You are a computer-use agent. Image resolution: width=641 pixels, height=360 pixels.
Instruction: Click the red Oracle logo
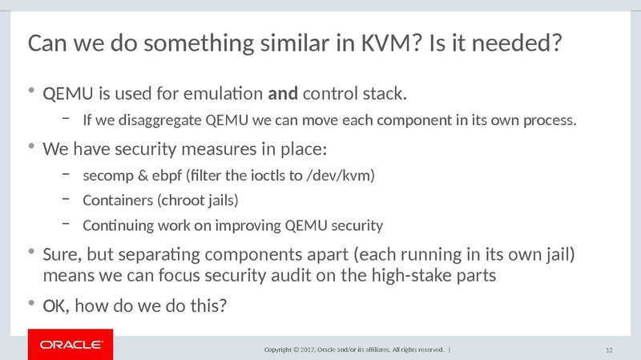(x=71, y=345)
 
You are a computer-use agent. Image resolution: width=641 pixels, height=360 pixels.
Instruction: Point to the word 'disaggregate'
(x=164, y=122)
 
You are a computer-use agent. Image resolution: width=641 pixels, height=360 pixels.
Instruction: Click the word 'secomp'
(x=103, y=174)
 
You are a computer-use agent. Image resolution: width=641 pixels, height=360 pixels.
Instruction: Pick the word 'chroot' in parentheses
(x=183, y=199)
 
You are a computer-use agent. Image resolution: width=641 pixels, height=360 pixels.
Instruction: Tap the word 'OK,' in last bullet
(x=54, y=305)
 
